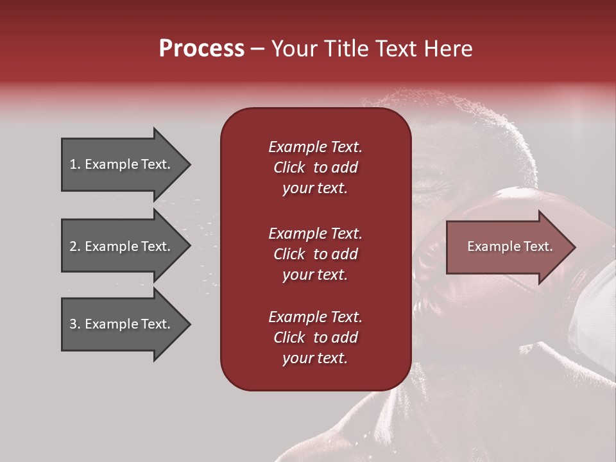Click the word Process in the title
[x=201, y=49]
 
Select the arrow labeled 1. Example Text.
[x=122, y=164]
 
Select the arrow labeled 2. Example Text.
[x=122, y=246]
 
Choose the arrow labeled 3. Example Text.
[x=122, y=324]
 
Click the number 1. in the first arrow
[x=75, y=164]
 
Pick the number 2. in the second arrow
[x=75, y=246]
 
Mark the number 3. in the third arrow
[x=75, y=324]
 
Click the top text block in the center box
[x=315, y=167]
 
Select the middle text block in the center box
[x=315, y=254]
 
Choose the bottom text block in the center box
[x=315, y=338]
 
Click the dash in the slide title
[x=258, y=49]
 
